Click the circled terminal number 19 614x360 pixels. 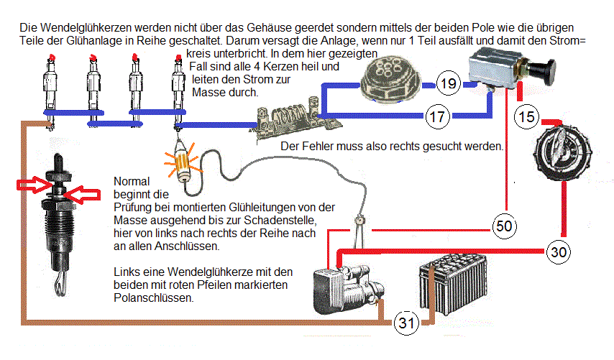pyautogui.click(x=448, y=85)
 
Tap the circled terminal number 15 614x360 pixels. pyautogui.click(x=527, y=116)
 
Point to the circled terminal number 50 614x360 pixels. pyautogui.click(x=504, y=226)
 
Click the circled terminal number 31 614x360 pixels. pyautogui.click(x=407, y=323)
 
